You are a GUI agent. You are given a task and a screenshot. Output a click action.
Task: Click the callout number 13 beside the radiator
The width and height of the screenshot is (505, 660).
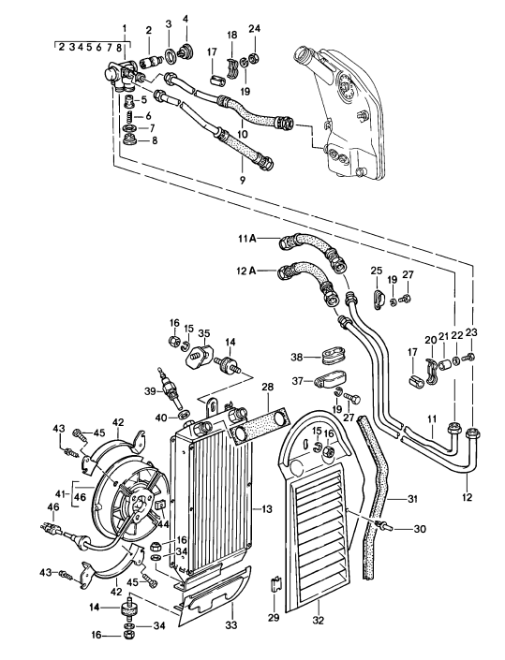click(268, 508)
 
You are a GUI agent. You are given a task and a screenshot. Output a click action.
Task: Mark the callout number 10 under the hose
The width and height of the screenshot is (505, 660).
click(242, 135)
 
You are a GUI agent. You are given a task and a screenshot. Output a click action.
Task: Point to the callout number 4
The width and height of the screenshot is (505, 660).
click(186, 19)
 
